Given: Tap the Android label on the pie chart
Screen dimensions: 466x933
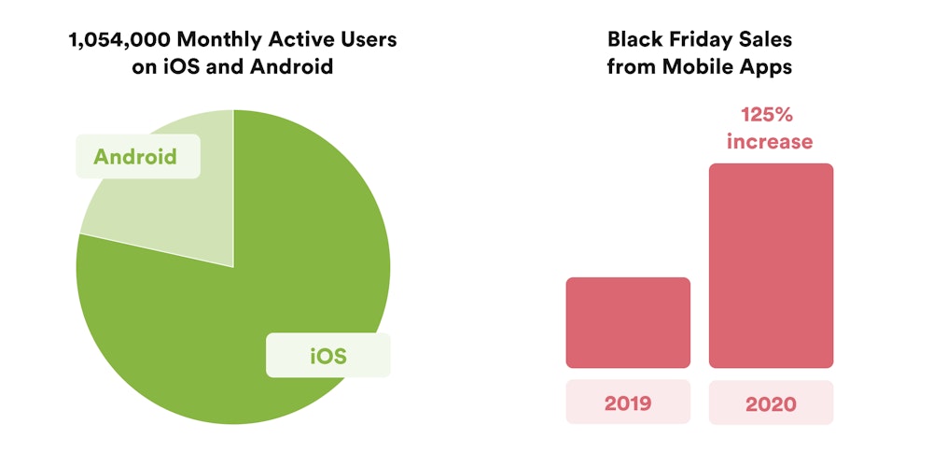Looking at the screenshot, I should point(135,156).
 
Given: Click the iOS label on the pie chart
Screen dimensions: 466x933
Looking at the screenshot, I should point(327,356).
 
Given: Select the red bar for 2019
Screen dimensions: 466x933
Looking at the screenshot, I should point(628,322).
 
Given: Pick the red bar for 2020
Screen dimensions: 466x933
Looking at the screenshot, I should point(771,266).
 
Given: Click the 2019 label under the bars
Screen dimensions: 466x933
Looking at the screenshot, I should point(628,403).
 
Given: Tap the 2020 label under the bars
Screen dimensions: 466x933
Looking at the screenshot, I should point(771,403).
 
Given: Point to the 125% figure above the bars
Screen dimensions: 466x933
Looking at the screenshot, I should point(770,115).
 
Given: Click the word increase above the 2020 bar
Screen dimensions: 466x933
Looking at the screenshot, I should point(770,142).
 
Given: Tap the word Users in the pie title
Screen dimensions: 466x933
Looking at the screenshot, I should point(366,39).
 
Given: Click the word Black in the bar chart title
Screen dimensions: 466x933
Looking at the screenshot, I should point(634,39).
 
